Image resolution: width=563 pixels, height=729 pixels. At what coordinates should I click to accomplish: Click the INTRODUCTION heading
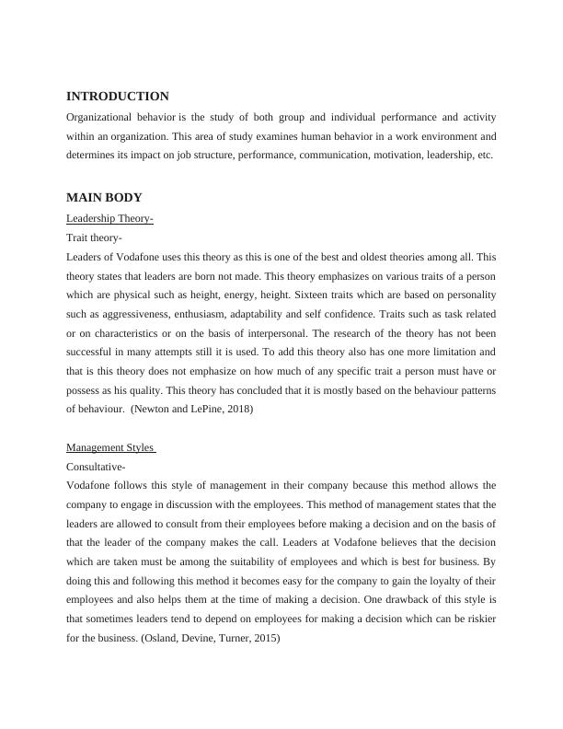[118, 97]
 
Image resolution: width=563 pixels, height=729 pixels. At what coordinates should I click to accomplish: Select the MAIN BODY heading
[104, 198]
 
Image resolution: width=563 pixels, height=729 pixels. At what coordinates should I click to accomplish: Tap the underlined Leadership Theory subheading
[109, 218]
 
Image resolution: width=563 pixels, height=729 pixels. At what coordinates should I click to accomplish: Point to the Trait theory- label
[94, 237]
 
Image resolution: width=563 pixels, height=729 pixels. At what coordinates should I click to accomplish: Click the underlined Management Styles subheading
[110, 447]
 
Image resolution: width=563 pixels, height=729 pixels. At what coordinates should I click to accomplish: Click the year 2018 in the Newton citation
[236, 410]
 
